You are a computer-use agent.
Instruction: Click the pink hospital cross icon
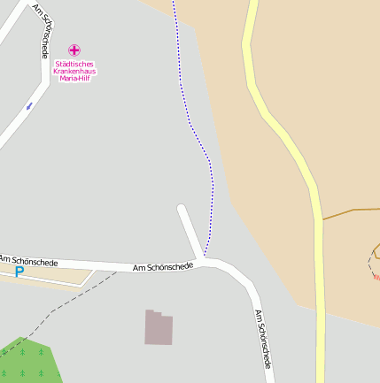[74, 50]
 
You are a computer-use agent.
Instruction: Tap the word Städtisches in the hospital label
[74, 64]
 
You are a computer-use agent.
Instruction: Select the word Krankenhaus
[74, 71]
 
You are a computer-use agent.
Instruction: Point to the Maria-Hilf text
[74, 78]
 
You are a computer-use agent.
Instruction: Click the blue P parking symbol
[19, 273]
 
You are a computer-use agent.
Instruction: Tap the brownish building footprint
[159, 327]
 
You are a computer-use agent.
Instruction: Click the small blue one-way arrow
[29, 106]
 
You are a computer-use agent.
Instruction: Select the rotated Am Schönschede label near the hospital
[42, 31]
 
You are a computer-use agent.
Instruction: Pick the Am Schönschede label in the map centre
[162, 266]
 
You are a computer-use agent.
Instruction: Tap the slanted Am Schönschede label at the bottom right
[262, 339]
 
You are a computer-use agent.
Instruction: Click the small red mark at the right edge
[376, 277]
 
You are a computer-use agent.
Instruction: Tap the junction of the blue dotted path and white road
[205, 257]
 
